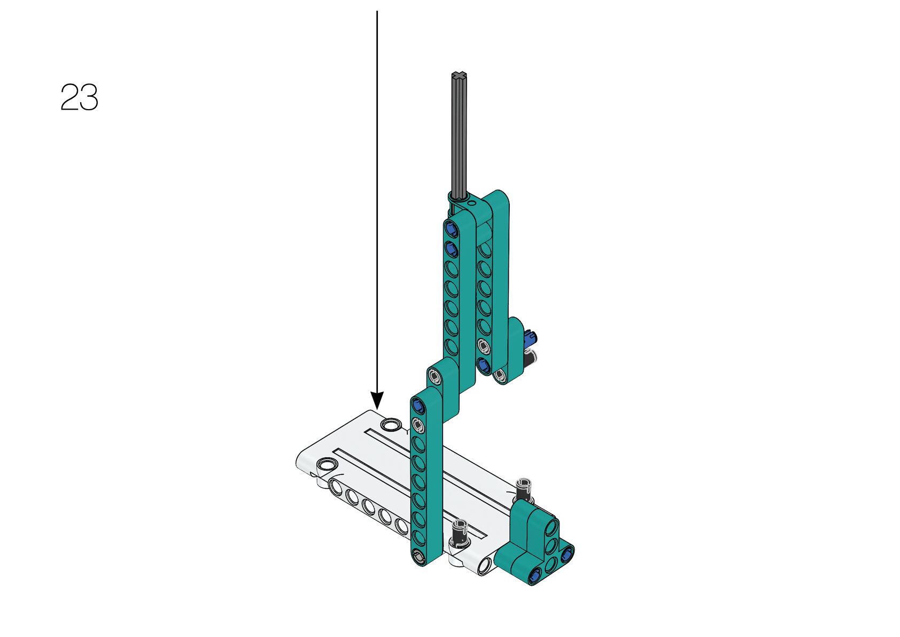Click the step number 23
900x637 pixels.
coord(79,97)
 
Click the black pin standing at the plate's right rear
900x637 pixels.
coord(524,490)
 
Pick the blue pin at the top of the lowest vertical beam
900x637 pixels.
coord(418,406)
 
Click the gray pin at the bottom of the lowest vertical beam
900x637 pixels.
coord(418,557)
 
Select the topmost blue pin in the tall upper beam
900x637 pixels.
coord(451,229)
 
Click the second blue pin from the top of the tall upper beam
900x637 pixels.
coord(451,249)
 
